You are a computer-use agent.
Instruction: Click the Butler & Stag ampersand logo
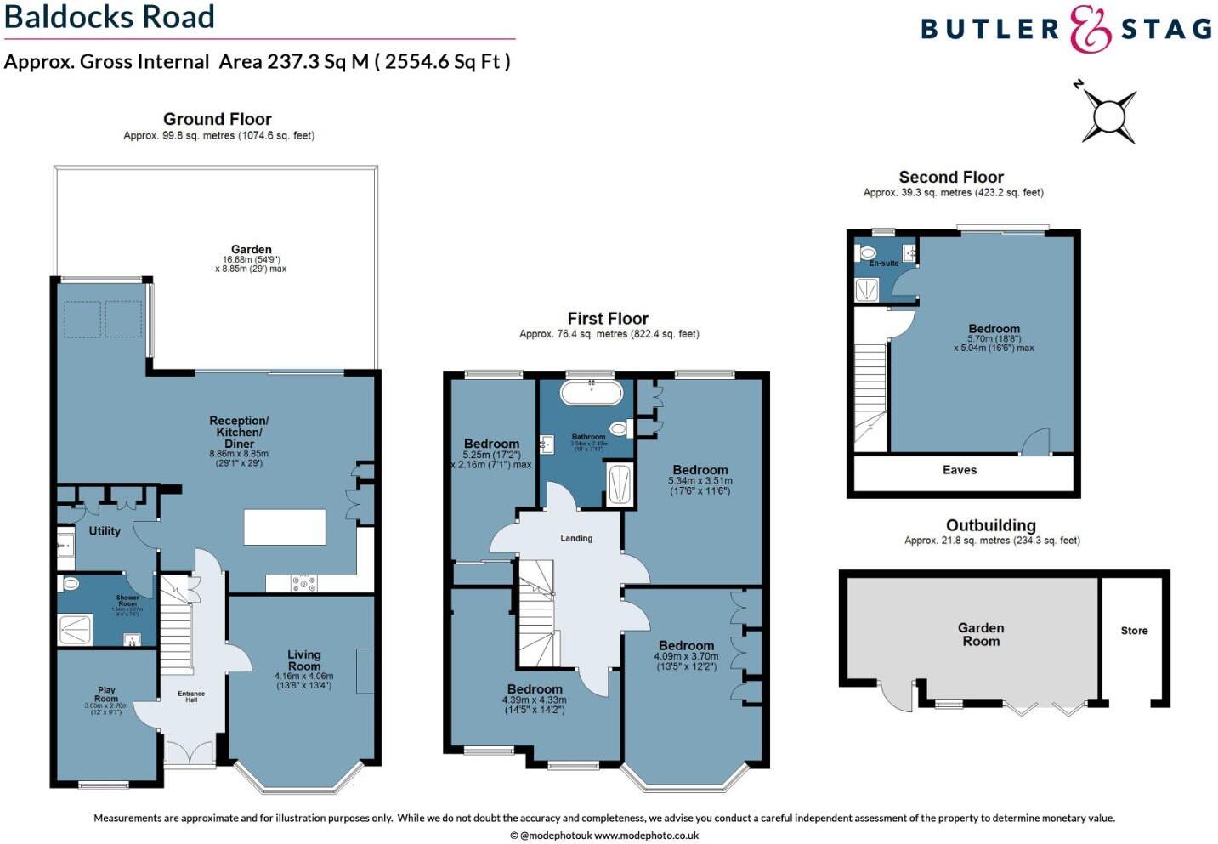[x=1090, y=30]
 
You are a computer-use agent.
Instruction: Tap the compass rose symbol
[x=1108, y=113]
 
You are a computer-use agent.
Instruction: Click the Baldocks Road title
[x=110, y=17]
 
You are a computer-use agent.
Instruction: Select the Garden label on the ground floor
[x=251, y=250]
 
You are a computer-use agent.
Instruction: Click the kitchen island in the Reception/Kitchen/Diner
[x=285, y=526]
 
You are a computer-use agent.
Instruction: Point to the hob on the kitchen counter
[x=304, y=584]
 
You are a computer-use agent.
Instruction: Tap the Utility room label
[x=105, y=531]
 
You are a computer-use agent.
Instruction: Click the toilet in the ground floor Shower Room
[x=71, y=584]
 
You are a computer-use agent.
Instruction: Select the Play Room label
[x=106, y=694]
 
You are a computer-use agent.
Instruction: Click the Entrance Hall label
[x=191, y=697]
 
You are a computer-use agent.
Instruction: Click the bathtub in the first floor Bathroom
[x=591, y=392]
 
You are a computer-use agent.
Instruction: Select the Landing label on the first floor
[x=576, y=538]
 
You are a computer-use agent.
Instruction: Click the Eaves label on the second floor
[x=959, y=470]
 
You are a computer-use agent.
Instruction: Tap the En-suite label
[x=883, y=263]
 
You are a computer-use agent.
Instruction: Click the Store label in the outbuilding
[x=1134, y=631]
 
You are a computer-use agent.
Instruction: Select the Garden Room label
[x=981, y=634]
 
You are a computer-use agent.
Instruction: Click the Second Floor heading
[x=951, y=177]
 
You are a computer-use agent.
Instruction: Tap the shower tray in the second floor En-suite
[x=867, y=290]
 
